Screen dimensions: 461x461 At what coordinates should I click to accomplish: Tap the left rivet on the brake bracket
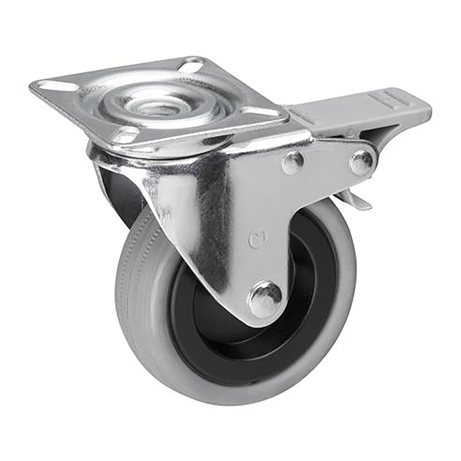pyautogui.click(x=292, y=162)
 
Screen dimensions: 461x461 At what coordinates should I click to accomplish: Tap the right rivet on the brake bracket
pyautogui.click(x=360, y=161)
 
